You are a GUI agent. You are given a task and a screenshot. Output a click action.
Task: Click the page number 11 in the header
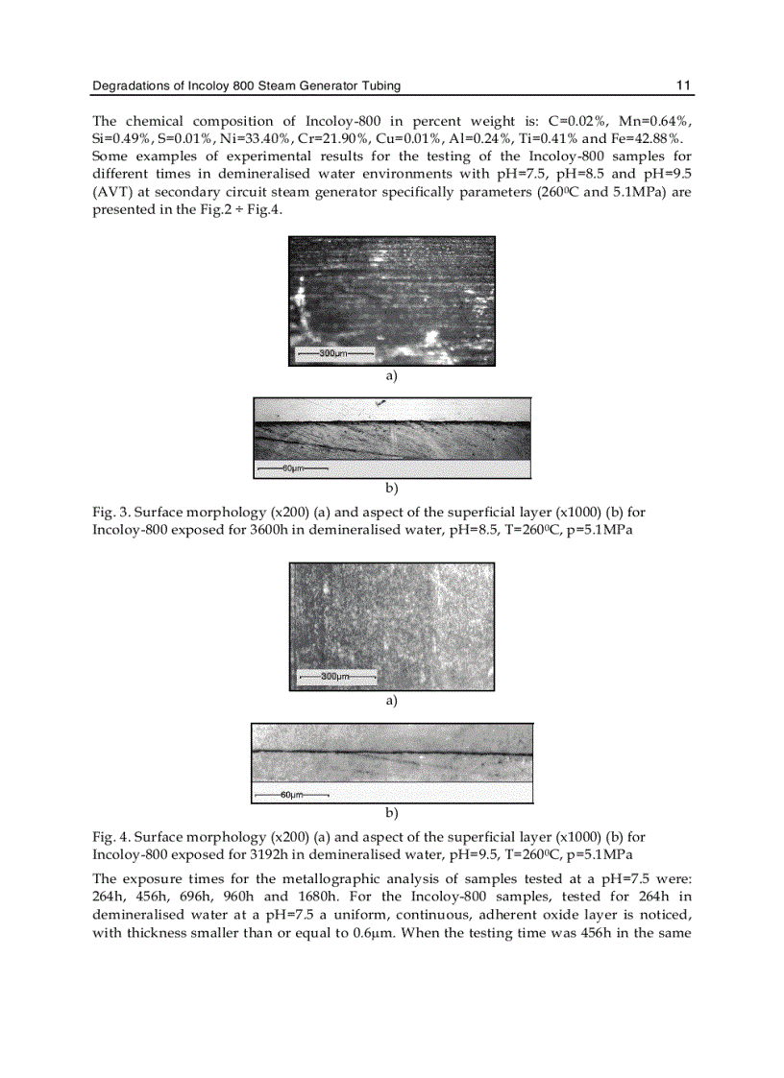coord(684,86)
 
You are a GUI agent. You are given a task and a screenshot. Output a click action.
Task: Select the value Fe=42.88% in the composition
coord(654,139)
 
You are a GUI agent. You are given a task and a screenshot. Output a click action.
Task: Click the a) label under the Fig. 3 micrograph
coord(391,376)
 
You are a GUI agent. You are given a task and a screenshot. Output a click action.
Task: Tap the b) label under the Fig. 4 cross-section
coord(391,812)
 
